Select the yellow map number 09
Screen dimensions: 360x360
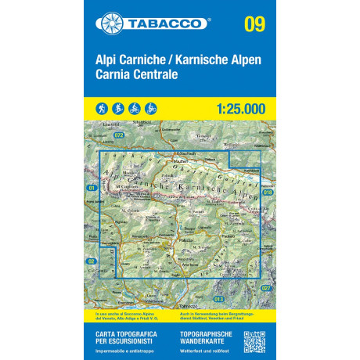pyautogui.click(x=254, y=23)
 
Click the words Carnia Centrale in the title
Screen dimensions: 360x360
pyautogui.click(x=138, y=77)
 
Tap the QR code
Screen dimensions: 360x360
pyautogui.click(x=255, y=343)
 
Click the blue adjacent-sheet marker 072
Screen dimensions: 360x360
pyautogui.click(x=119, y=135)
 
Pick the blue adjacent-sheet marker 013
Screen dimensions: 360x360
pyautogui.click(x=219, y=299)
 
